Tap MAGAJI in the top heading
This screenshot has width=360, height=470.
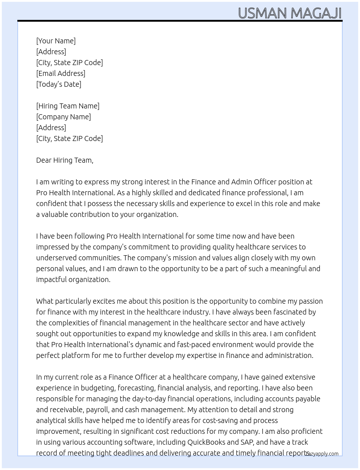[316, 13]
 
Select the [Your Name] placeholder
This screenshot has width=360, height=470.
[56, 41]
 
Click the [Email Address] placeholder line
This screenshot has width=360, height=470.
[61, 73]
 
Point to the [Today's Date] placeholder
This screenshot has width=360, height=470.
[59, 84]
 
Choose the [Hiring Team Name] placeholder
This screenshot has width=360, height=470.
[68, 106]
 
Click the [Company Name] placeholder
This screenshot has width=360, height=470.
[64, 117]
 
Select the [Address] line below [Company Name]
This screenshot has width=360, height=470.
[51, 128]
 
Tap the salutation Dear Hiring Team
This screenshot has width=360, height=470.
[65, 160]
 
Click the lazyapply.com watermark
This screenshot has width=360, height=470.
[322, 454]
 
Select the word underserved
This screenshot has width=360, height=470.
[56, 258]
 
